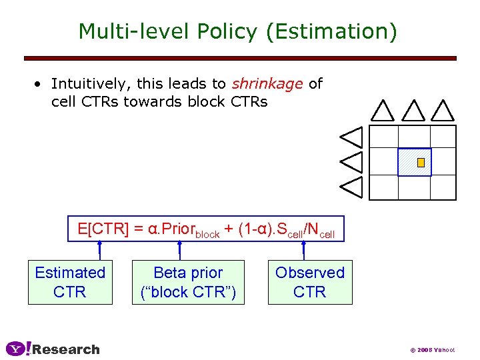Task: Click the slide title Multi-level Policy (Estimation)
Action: coord(237,31)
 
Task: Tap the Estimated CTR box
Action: coord(70,282)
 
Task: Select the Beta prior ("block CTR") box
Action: coord(188,282)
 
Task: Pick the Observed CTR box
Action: coord(310,282)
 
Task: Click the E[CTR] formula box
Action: coord(206,229)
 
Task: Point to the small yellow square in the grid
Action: coord(421,163)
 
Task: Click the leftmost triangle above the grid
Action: coord(383,110)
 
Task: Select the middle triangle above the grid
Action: coord(413,110)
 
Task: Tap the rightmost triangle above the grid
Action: coord(443,110)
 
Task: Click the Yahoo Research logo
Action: coord(53,349)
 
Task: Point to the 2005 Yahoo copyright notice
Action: coord(432,349)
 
